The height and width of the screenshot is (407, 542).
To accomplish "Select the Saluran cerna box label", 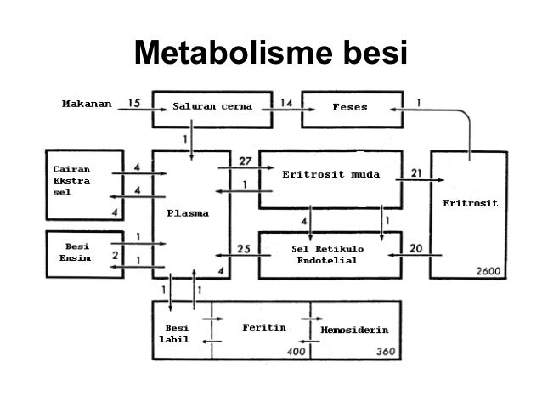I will tap(206, 108).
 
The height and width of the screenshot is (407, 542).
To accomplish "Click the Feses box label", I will tap(349, 108).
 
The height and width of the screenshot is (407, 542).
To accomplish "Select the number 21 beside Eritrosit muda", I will tap(416, 172).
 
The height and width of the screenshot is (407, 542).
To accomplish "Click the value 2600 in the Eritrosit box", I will tap(490, 270).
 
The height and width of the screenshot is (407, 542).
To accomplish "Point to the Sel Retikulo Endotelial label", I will tap(326, 254).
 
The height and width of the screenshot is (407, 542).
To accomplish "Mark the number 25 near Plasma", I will tap(243, 248).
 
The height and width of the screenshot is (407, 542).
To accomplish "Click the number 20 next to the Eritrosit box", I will tap(416, 248).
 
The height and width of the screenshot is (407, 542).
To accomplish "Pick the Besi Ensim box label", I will tap(71, 252).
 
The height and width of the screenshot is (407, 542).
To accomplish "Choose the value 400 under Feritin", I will tap(296, 350).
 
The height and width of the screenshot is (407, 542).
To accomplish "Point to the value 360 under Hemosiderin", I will tap(387, 350).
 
